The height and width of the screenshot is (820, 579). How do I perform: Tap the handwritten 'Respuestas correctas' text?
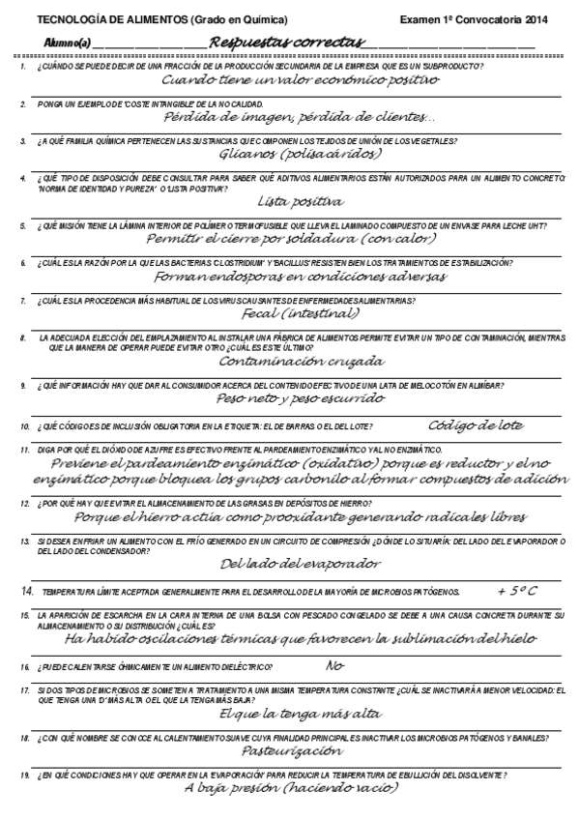point(286,43)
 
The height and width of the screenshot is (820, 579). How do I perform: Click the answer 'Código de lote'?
point(475,425)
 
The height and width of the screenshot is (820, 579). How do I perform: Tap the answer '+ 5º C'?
point(516,590)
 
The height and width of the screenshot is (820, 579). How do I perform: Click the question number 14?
point(27,590)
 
